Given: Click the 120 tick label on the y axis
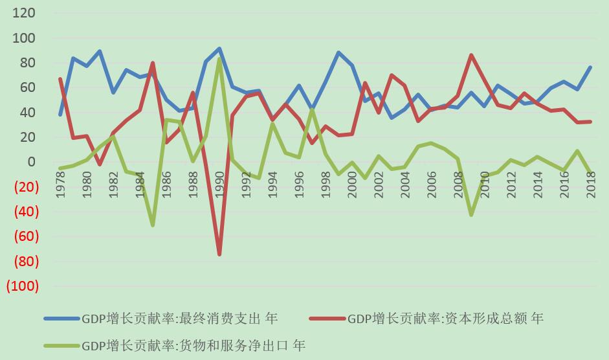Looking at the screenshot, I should (24, 14).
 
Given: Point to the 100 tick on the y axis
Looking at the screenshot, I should (24, 38).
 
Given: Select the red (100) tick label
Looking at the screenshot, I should (22, 286).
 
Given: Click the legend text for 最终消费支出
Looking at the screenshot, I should (179, 319).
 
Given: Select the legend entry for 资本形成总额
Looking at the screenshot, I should (445, 319).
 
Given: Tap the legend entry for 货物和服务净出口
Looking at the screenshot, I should (193, 346).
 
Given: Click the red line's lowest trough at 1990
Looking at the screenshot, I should (219, 254).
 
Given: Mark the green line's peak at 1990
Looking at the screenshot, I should (219, 59).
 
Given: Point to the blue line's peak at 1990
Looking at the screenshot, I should (219, 49).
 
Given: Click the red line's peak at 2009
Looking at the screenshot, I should (471, 55).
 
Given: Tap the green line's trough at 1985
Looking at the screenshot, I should (153, 225).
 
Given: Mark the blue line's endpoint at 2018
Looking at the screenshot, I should (591, 67).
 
